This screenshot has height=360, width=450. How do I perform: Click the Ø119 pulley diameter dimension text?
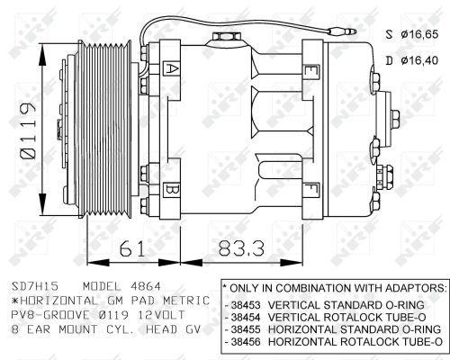(x=28, y=130)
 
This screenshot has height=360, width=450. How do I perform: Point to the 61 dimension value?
(x=132, y=248)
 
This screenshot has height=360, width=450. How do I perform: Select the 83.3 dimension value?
(x=242, y=248)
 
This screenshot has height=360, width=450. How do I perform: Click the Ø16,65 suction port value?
(x=420, y=34)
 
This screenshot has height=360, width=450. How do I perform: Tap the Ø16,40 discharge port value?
(x=420, y=60)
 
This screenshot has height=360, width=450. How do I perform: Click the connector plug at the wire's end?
(x=342, y=31)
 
